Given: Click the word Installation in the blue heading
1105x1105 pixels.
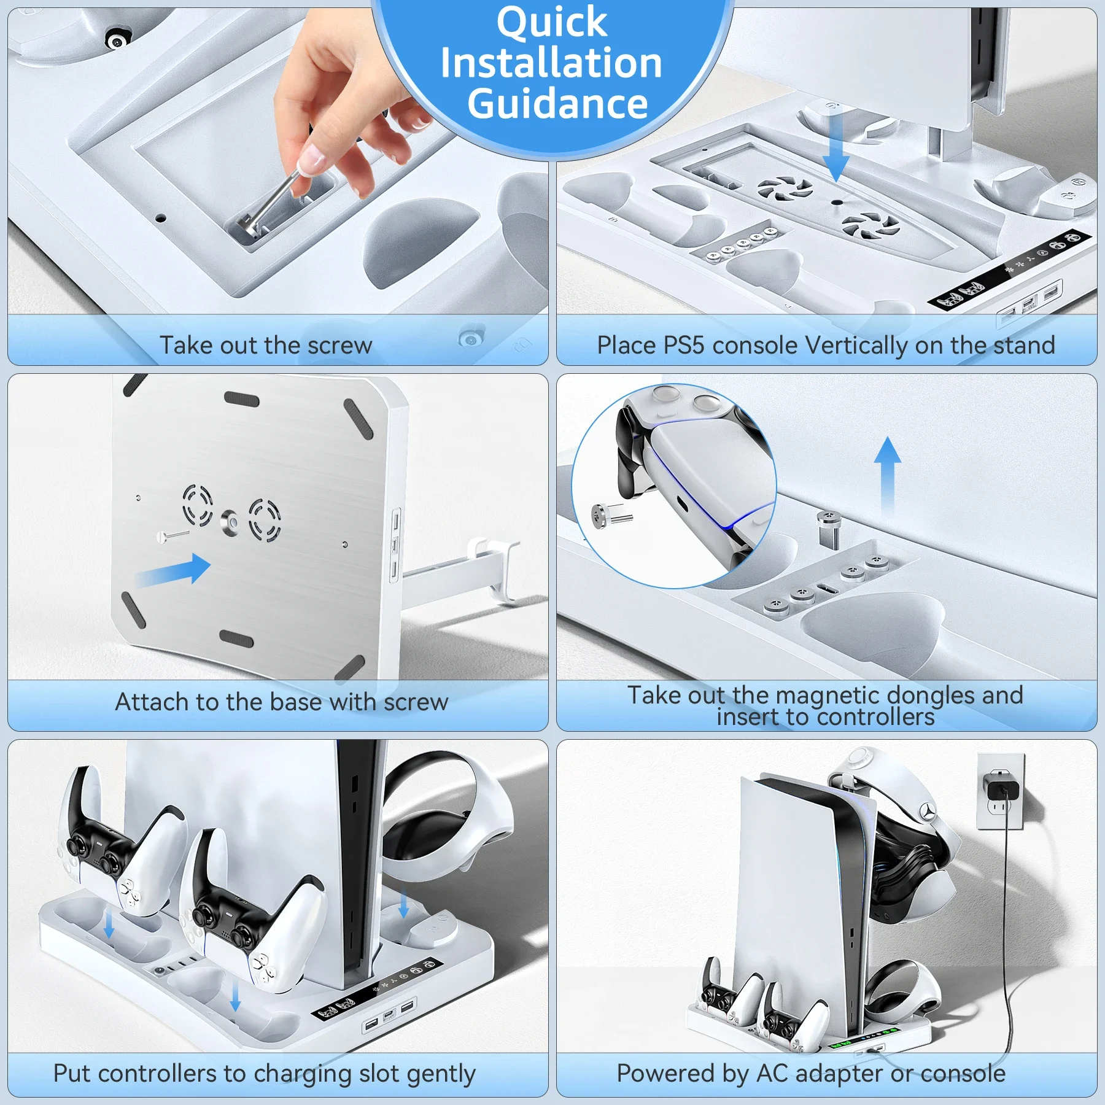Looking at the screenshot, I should [x=551, y=63].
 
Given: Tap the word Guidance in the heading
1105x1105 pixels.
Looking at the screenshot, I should [x=557, y=103].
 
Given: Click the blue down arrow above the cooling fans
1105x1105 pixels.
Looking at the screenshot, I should [x=836, y=147].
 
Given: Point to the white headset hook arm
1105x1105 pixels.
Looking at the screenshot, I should [x=467, y=568].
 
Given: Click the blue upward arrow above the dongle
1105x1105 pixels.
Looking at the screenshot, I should [x=888, y=473].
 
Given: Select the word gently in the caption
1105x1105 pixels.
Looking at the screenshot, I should [x=440, y=1074].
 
